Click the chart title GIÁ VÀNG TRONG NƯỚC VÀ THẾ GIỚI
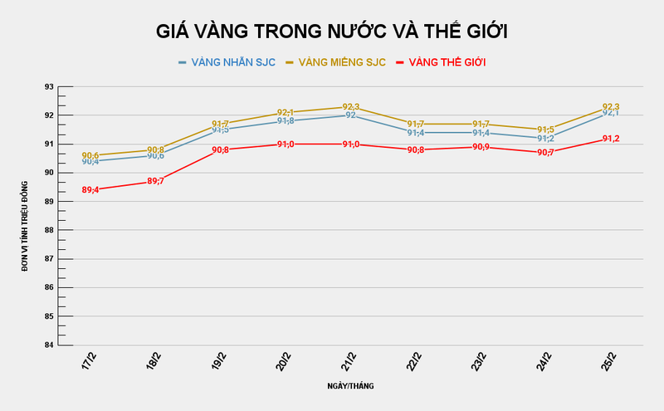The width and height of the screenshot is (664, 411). tap(332, 32)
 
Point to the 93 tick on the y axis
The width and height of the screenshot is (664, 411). tap(49, 86)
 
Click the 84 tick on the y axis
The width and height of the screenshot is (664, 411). tap(49, 345)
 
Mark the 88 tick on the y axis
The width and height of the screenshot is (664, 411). tap(49, 230)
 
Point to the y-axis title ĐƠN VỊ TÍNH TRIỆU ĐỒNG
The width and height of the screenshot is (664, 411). tap(25, 216)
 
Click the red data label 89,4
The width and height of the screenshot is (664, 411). tap(90, 190)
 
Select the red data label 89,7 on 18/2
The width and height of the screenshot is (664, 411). tap(155, 181)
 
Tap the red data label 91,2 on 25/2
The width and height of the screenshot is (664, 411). tap(610, 139)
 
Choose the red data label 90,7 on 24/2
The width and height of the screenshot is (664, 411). tap(545, 153)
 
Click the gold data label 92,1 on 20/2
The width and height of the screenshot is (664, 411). tap(286, 112)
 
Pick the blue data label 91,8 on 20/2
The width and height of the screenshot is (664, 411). tap(286, 121)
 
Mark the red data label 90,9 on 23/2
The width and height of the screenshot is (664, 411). tap(481, 147)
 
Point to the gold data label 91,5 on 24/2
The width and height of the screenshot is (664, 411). tap(545, 130)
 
